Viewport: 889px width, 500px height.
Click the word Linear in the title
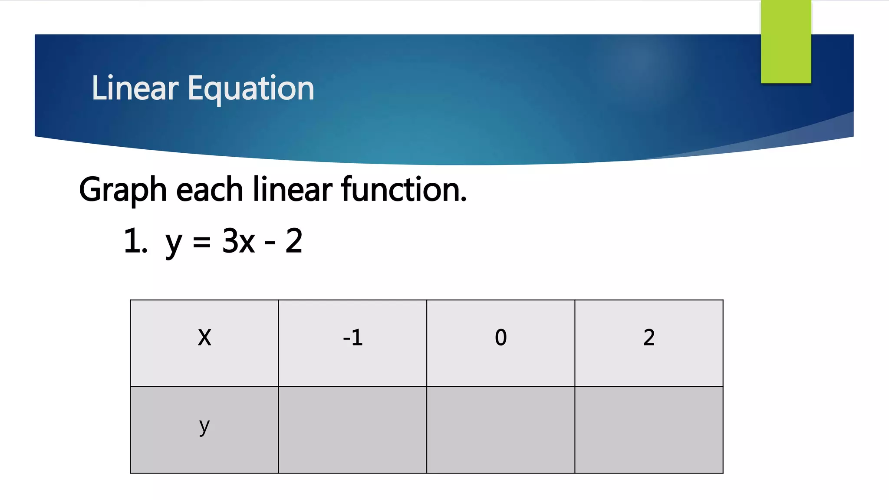click(135, 88)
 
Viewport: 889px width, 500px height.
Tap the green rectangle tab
click(786, 42)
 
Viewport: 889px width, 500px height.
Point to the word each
click(209, 190)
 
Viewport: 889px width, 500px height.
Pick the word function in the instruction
click(403, 190)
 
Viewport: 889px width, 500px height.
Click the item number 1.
click(135, 241)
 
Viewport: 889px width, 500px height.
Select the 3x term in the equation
click(238, 241)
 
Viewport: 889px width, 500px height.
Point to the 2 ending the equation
click(294, 241)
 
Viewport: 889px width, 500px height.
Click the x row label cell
click(204, 343)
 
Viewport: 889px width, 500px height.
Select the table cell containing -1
click(352, 343)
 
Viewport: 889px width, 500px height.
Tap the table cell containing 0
click(500, 343)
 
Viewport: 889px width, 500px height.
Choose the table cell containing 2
click(649, 343)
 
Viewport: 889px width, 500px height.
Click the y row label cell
click(204, 430)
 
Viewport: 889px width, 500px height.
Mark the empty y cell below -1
click(352, 430)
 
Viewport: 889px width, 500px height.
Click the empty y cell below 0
click(500, 430)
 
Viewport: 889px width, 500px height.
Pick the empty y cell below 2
click(649, 430)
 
